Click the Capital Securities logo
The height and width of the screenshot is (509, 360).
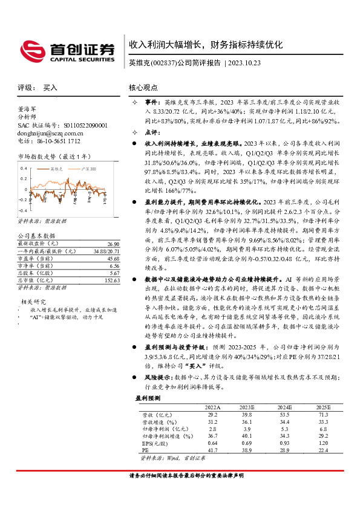pyautogui.click(x=67, y=51)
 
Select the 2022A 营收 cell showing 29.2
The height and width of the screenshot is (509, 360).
pyautogui.click(x=213, y=415)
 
